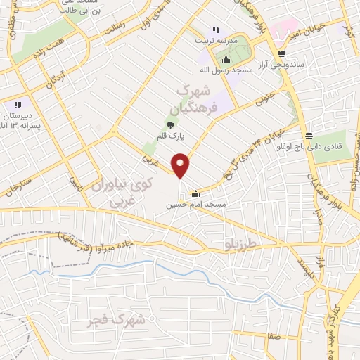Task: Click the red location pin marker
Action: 181,166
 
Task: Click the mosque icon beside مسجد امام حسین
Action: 195,194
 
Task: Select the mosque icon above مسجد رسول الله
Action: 226,59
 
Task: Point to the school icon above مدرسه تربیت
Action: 216,30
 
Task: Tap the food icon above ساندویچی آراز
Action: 281,53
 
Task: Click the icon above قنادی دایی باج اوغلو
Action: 309,136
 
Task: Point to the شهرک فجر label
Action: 117,321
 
